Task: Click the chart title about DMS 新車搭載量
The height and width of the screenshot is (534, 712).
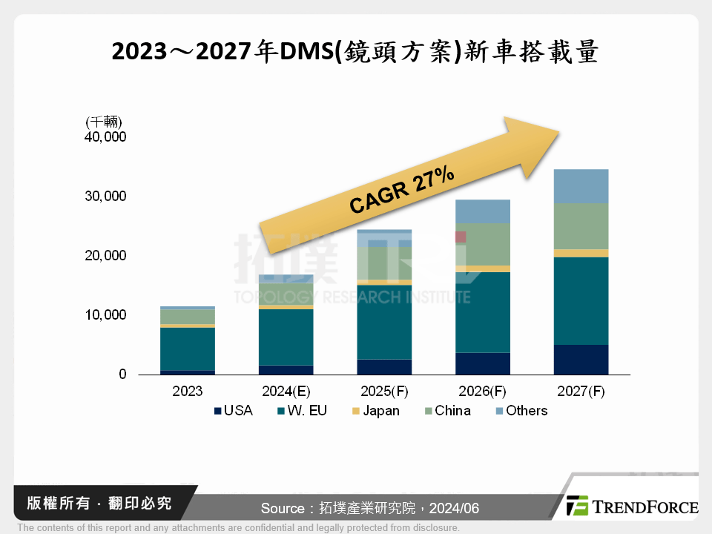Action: tap(355, 52)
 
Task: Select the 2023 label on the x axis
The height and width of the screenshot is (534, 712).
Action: tap(187, 391)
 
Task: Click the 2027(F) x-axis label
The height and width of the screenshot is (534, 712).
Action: tap(581, 391)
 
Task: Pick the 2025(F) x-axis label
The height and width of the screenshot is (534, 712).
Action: tap(384, 391)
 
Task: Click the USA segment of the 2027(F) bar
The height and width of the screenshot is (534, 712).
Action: tap(581, 360)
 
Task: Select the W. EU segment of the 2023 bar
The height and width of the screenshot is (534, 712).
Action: tap(187, 349)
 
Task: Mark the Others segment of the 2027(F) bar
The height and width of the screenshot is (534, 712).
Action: tap(581, 186)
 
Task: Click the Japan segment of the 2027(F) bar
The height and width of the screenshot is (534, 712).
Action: tap(581, 253)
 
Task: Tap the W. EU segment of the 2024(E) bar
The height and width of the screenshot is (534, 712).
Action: tap(286, 337)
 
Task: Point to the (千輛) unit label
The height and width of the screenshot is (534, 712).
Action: tap(104, 122)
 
